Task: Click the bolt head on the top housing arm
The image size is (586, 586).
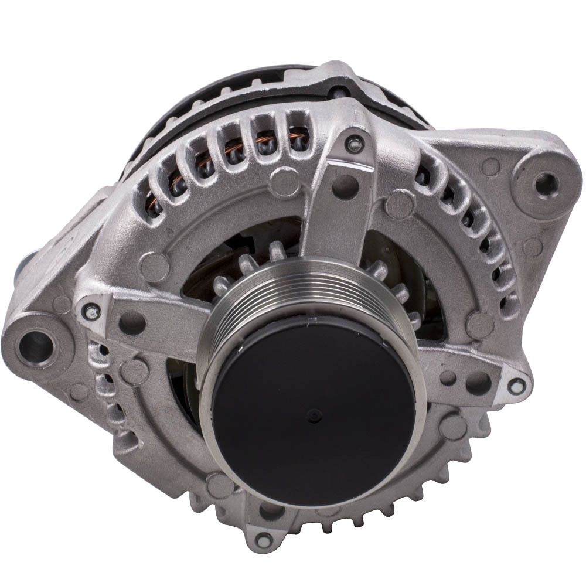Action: click(x=353, y=142)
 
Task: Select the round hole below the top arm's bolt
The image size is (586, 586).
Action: click(x=343, y=186)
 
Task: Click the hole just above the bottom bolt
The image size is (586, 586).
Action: click(x=270, y=509)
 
